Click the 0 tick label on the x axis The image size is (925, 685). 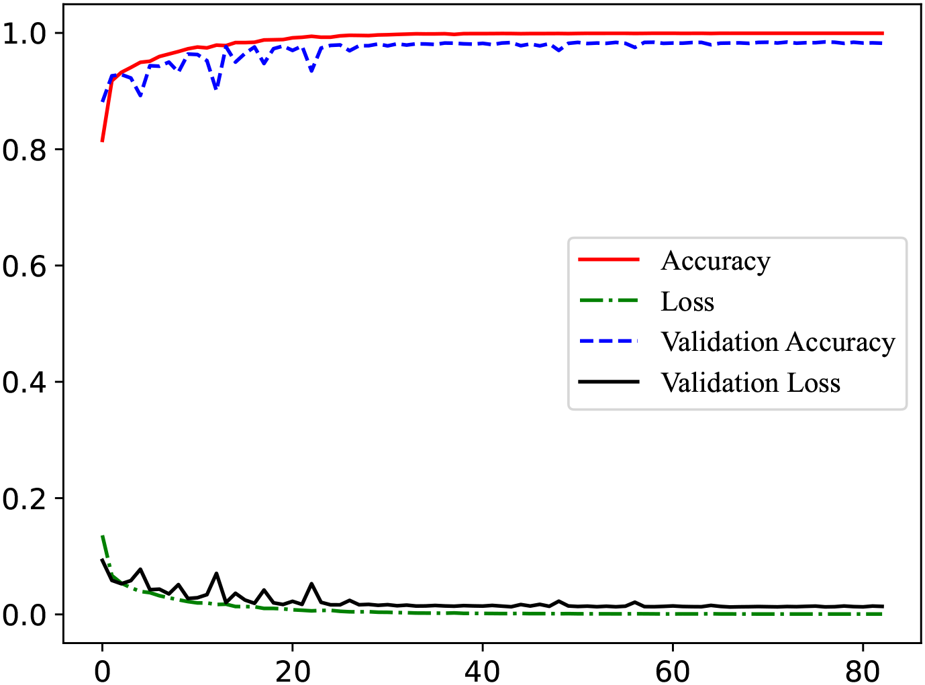tap(102, 670)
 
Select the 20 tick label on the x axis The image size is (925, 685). tap(292, 670)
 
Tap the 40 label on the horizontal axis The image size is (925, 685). tap(482, 670)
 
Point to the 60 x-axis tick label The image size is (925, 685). tap(672, 670)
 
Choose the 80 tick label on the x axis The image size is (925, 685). tap(863, 670)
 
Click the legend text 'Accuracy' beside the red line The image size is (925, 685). tap(716, 260)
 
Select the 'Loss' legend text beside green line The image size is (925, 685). tap(687, 301)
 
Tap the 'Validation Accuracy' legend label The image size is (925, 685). tap(778, 342)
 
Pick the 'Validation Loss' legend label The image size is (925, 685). tap(750, 382)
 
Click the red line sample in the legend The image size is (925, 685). tap(609, 259)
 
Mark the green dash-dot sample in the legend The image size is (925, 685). tap(609, 300)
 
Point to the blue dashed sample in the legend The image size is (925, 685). tap(609, 341)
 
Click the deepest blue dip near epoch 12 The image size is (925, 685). tap(215, 89)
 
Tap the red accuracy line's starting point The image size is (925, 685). tap(102, 141)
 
